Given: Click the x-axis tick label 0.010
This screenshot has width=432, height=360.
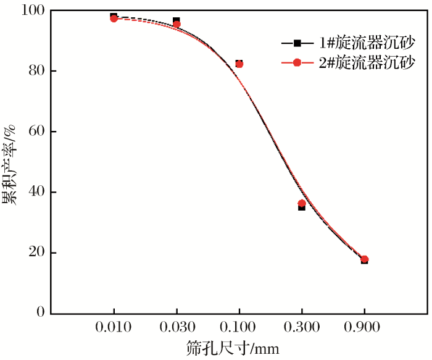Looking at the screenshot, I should coord(114,327).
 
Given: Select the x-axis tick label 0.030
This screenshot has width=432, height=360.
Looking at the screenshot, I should coord(177,327).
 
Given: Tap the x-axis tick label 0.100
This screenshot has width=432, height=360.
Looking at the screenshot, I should coord(239,327).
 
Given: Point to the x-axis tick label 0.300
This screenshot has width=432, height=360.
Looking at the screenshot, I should coord(302,327).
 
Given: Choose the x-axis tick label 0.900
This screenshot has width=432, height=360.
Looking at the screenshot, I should coord(365,327).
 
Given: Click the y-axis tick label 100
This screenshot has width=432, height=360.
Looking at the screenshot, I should coord(33,11).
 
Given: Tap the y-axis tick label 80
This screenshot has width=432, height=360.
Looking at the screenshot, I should coord(36,71).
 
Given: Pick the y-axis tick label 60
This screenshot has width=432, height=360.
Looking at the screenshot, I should coord(36,132).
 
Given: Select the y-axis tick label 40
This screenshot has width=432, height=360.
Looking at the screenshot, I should coord(36,192).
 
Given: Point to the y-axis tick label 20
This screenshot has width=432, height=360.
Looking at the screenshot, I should coord(36,253).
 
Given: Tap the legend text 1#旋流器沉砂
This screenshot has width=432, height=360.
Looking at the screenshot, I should coord(366,43).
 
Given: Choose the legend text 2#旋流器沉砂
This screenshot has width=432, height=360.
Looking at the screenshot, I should coord(366,62).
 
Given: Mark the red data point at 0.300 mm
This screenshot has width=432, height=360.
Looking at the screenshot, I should coord(302,203).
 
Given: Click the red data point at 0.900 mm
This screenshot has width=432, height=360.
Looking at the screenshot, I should coord(365,259).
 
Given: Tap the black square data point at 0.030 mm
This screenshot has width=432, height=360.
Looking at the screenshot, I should coord(177,21).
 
